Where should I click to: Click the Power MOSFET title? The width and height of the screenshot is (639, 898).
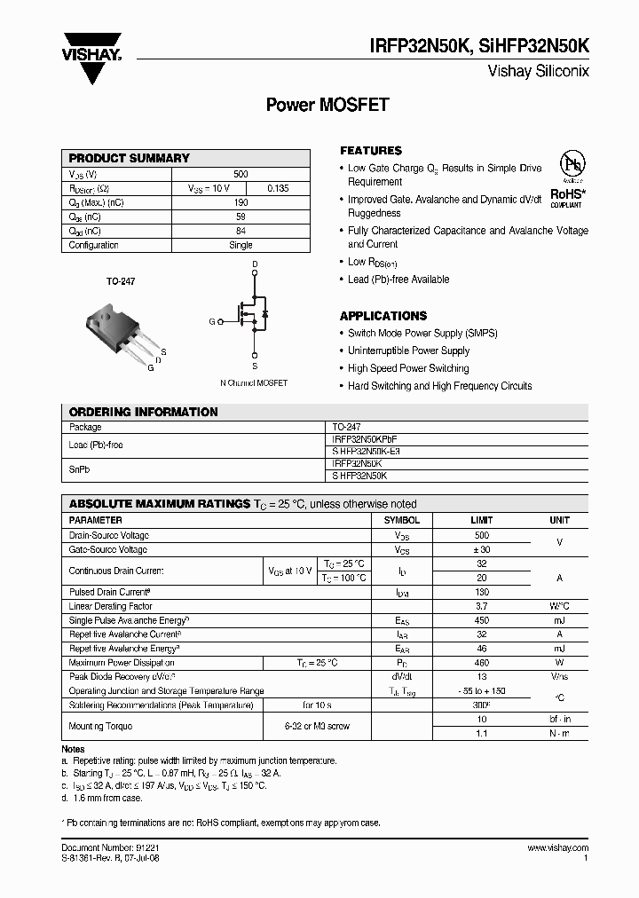pyautogui.click(x=327, y=105)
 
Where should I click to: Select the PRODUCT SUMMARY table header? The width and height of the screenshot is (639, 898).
pyautogui.click(x=130, y=158)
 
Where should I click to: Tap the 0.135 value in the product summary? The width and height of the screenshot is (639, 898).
pyautogui.click(x=278, y=189)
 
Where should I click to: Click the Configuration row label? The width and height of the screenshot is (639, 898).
pyautogui.click(x=94, y=245)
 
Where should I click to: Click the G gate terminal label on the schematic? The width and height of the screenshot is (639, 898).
pyautogui.click(x=211, y=322)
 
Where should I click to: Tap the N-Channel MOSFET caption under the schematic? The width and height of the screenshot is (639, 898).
pyautogui.click(x=254, y=383)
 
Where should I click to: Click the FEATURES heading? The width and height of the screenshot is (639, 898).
pyautogui.click(x=371, y=151)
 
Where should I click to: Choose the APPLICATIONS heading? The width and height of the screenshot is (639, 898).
pyautogui.click(x=383, y=316)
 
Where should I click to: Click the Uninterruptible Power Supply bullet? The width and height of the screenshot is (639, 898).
pyautogui.click(x=408, y=351)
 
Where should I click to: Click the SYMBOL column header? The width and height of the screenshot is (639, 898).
pyautogui.click(x=401, y=520)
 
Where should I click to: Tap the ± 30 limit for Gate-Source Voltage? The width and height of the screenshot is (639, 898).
pyautogui.click(x=481, y=550)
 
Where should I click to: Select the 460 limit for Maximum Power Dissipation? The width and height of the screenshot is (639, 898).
pyautogui.click(x=481, y=662)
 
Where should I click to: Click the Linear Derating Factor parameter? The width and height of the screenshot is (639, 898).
pyautogui.click(x=110, y=606)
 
